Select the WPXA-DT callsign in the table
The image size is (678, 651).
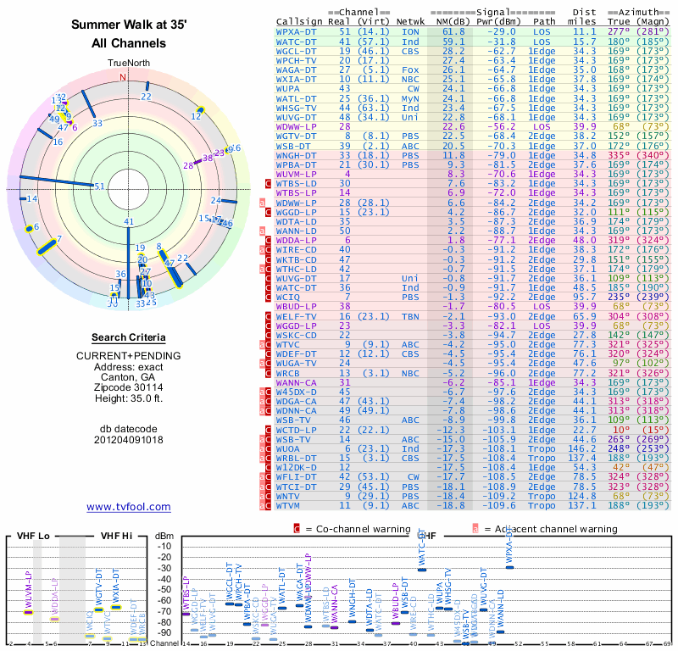point(296,31)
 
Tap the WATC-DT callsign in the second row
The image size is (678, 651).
point(296,41)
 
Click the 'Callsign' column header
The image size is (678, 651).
point(303,21)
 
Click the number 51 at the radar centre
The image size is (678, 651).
point(99,186)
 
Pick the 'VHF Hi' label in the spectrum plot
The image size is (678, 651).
point(117,536)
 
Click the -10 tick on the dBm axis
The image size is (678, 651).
point(164,545)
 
